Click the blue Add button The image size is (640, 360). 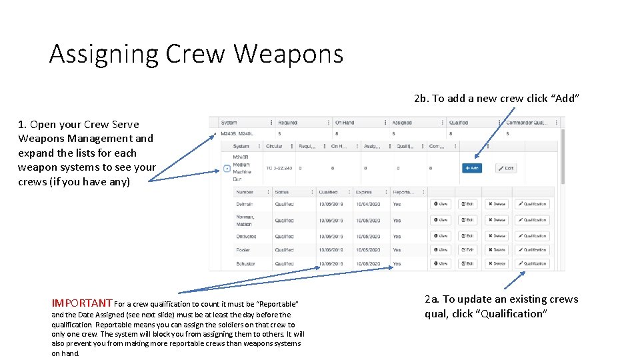[x=471, y=168]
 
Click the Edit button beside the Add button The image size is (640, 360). [x=506, y=168]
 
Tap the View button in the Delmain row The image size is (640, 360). [x=441, y=204]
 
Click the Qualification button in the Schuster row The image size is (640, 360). [x=532, y=263]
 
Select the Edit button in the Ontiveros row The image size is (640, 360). [x=467, y=236]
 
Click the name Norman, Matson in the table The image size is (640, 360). [x=245, y=219]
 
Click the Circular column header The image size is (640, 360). [x=274, y=146]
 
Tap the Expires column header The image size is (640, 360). [x=364, y=192]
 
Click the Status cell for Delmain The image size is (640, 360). [x=284, y=204]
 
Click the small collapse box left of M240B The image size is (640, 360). [x=227, y=169]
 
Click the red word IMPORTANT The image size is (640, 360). [x=81, y=303]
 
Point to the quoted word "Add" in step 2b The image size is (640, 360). [x=565, y=99]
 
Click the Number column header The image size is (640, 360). [x=244, y=192]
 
